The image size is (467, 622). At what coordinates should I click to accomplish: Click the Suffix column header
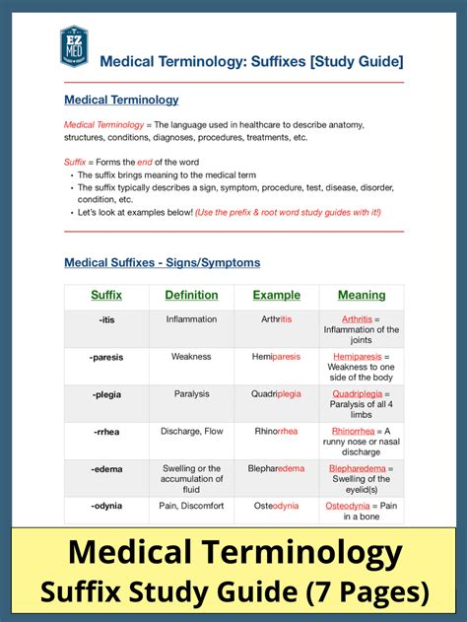(x=106, y=295)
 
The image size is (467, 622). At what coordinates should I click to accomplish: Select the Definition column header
(x=191, y=295)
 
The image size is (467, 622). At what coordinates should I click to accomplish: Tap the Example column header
(x=276, y=295)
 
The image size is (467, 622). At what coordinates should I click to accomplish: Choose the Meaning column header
(x=362, y=295)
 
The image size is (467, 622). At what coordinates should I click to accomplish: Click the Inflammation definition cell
(x=191, y=319)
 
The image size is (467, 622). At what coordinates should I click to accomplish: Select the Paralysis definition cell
(x=191, y=394)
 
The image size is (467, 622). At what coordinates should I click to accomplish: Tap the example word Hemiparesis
(x=276, y=357)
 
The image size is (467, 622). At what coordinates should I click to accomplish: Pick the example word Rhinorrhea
(x=276, y=432)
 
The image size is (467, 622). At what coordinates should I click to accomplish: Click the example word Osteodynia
(x=276, y=506)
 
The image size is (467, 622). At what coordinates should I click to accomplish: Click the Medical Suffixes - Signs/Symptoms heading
(x=162, y=262)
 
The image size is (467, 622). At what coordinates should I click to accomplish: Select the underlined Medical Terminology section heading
(x=121, y=100)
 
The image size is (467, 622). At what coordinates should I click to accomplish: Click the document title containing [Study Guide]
(x=251, y=61)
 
